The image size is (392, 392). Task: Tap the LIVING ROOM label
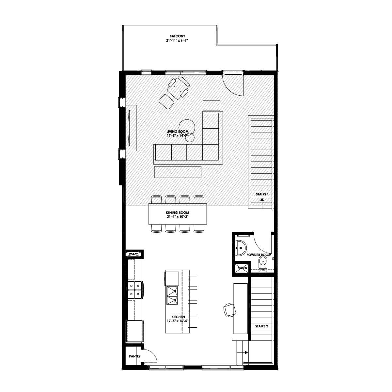(x=177, y=131)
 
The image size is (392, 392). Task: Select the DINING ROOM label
(x=177, y=212)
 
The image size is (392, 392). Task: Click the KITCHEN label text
(x=178, y=317)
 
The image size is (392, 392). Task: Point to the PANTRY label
(x=134, y=356)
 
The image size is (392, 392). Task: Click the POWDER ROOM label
(x=259, y=255)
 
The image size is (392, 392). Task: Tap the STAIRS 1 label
(x=262, y=194)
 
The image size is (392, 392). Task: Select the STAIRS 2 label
(x=261, y=326)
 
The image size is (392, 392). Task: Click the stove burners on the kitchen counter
(x=135, y=290)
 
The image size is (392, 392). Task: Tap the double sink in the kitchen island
(x=172, y=295)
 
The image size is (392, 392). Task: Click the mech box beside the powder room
(x=241, y=268)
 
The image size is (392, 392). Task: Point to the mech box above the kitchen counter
(x=134, y=254)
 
